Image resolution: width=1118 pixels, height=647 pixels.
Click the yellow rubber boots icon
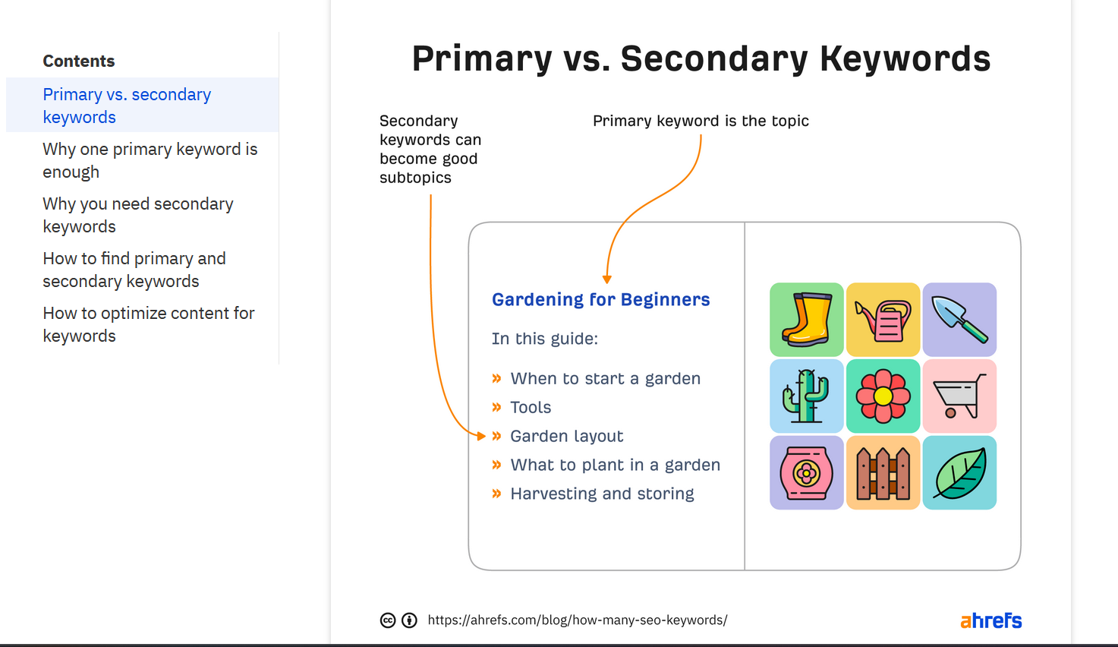pos(806,320)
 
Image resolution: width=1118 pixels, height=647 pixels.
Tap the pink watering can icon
pos(883,320)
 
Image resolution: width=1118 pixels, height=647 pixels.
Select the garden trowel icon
pos(959,320)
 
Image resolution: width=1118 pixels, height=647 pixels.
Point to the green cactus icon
pos(806,396)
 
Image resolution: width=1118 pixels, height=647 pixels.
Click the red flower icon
pos(883,396)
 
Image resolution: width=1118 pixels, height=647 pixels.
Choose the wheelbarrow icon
pos(959,396)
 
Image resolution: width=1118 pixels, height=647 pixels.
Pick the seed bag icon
pos(806,473)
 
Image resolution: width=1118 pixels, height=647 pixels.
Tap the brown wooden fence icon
pos(883,473)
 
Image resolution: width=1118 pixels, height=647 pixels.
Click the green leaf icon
pos(959,473)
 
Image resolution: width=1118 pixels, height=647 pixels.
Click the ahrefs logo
pos(990,620)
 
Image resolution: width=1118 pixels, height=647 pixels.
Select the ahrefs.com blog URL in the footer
pos(577,620)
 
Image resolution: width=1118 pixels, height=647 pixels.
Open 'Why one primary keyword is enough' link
pos(150,160)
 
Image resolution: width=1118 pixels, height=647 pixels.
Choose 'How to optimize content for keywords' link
pos(148,324)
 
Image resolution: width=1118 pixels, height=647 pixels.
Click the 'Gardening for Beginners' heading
pos(600,300)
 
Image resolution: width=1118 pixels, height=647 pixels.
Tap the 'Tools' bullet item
pos(531,408)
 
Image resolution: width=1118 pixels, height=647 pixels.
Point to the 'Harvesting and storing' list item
pos(602,494)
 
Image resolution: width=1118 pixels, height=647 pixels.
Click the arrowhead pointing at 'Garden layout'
pos(481,436)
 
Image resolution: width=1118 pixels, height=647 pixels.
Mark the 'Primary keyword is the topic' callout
pos(701,121)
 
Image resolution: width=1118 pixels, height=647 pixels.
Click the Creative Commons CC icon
pos(388,620)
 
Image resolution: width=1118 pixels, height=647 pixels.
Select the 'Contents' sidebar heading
pos(79,62)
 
